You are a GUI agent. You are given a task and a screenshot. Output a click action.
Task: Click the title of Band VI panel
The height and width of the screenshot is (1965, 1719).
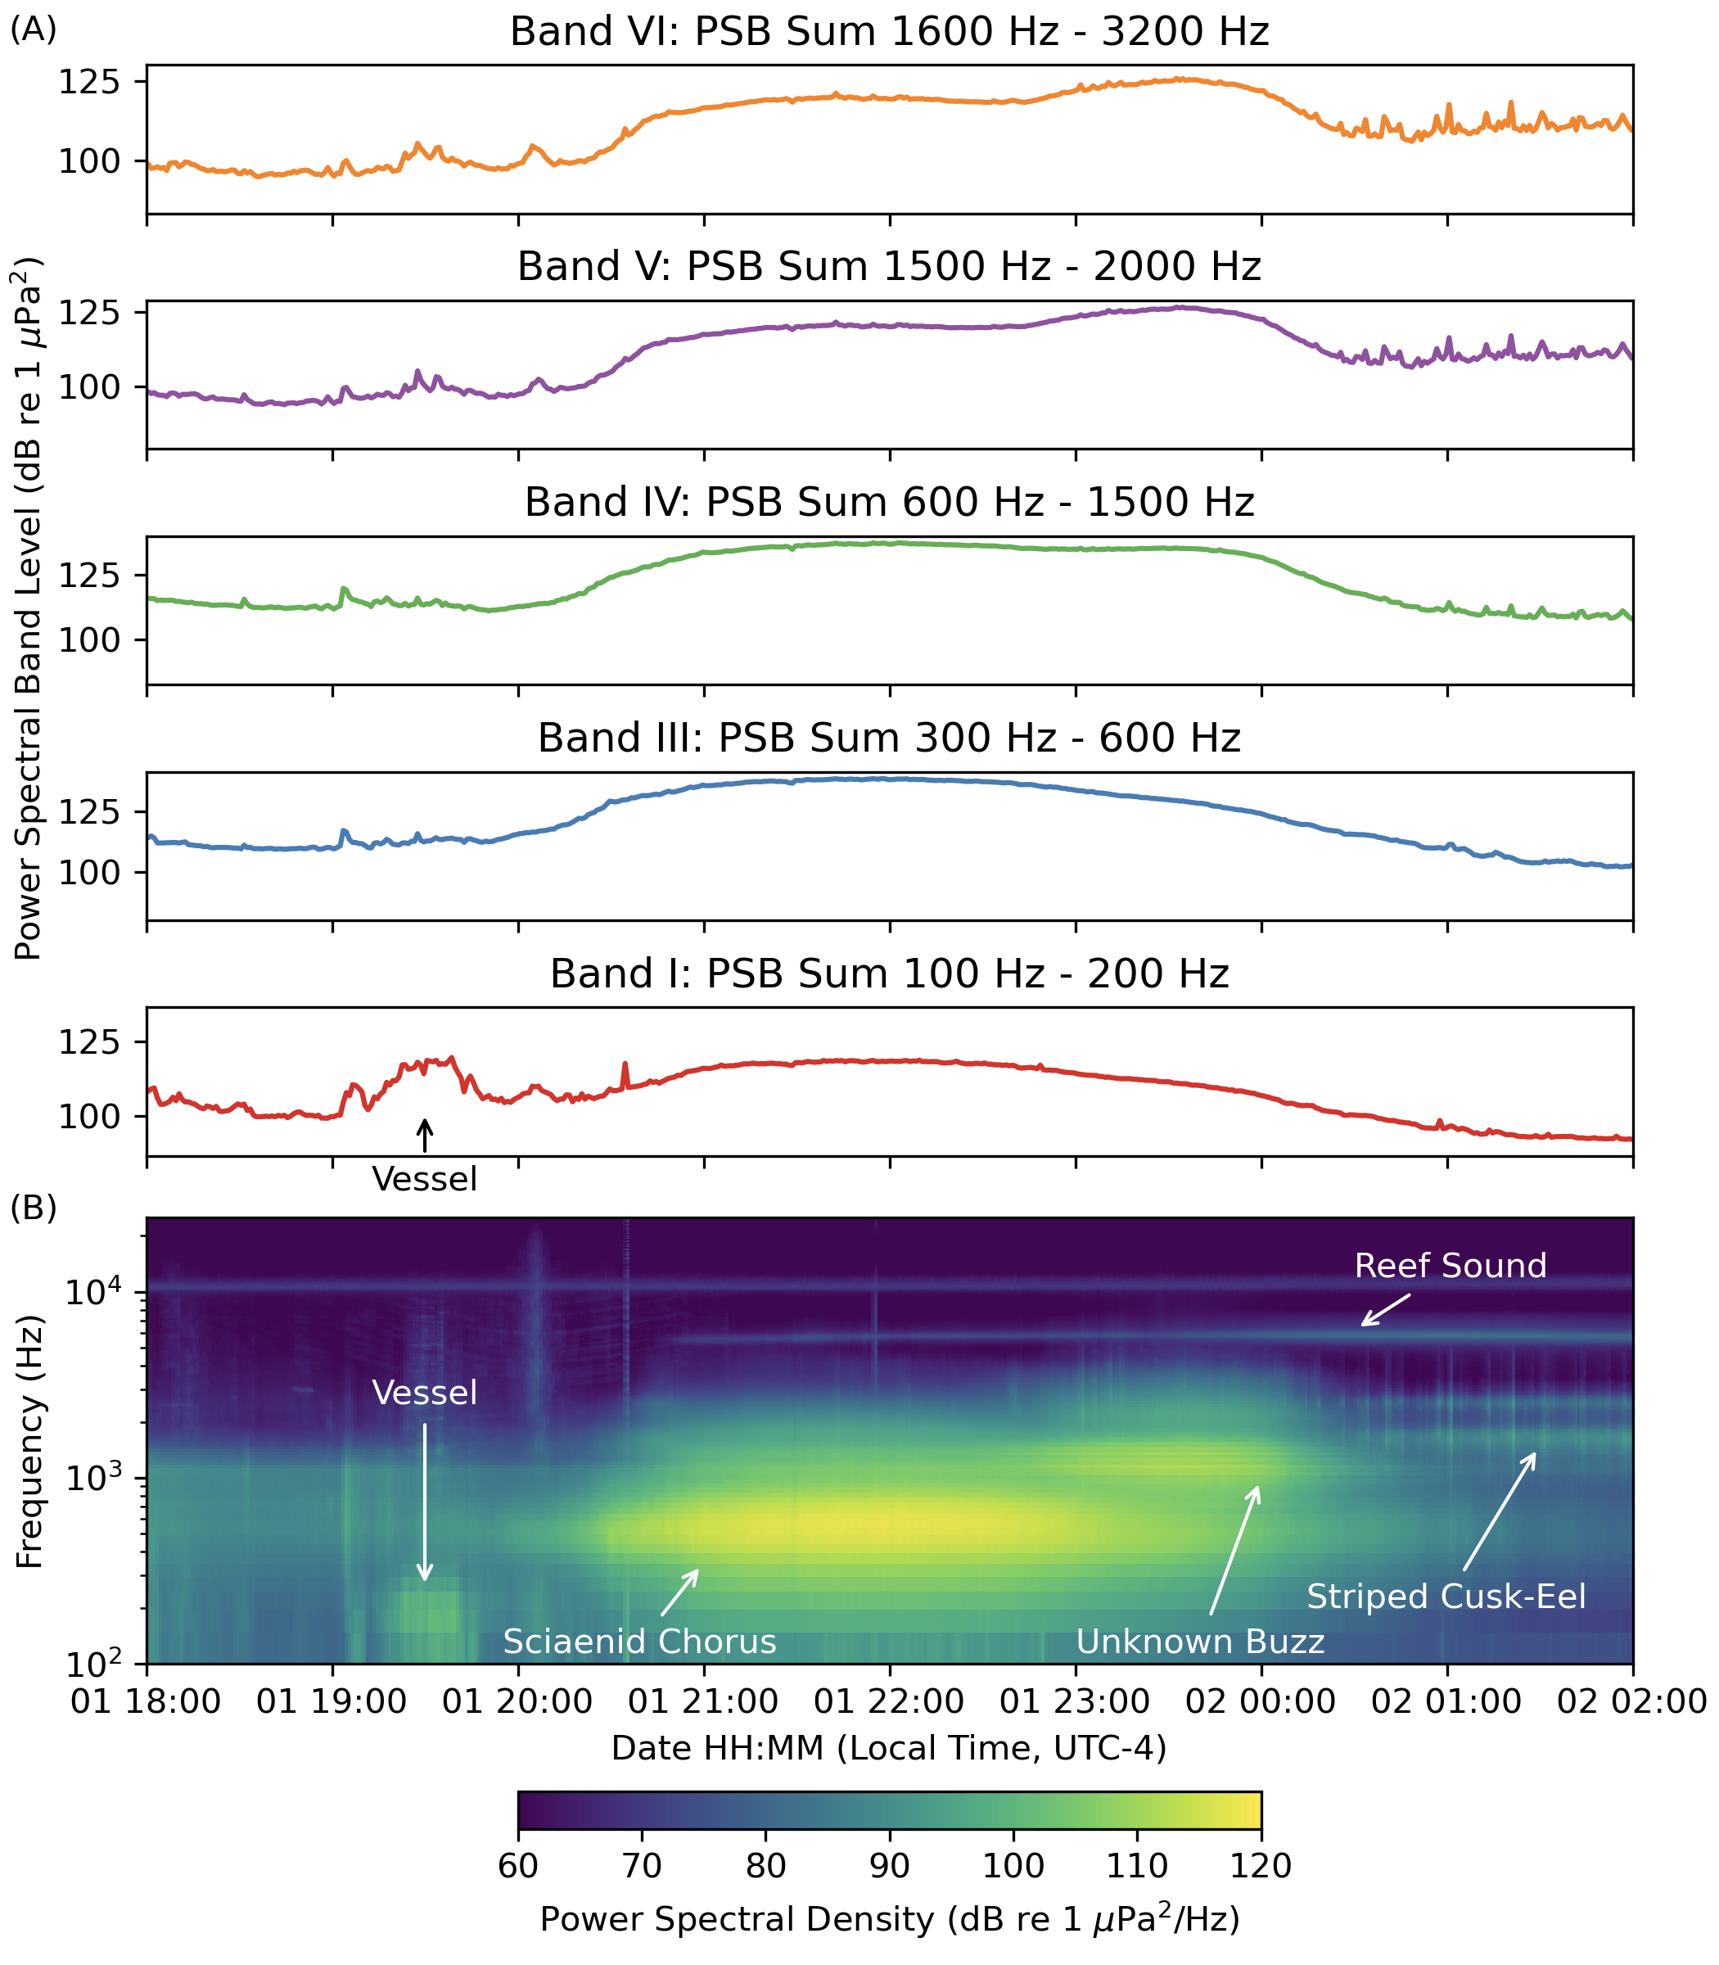[x=889, y=32]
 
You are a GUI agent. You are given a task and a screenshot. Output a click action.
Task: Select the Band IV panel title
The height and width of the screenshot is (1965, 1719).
[x=889, y=503]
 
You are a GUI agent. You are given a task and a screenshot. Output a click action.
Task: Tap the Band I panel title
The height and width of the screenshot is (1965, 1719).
[x=889, y=973]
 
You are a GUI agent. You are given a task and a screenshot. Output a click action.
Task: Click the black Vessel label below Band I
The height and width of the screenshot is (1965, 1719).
[x=424, y=1179]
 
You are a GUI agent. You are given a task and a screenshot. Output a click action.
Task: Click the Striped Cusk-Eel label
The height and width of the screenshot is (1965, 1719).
[x=1446, y=1597]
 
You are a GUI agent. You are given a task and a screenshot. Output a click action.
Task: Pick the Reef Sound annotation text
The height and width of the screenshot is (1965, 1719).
[x=1451, y=1266]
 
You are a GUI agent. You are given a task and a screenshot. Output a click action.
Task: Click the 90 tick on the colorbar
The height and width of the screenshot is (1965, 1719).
[x=889, y=1865]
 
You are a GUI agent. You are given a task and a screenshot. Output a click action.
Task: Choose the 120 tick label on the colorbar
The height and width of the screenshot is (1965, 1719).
[x=1261, y=1865]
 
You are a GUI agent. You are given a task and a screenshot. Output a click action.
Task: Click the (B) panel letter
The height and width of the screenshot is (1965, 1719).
[x=34, y=1208]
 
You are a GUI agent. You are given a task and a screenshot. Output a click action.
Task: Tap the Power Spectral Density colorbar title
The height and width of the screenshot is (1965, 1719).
[x=889, y=1919]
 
